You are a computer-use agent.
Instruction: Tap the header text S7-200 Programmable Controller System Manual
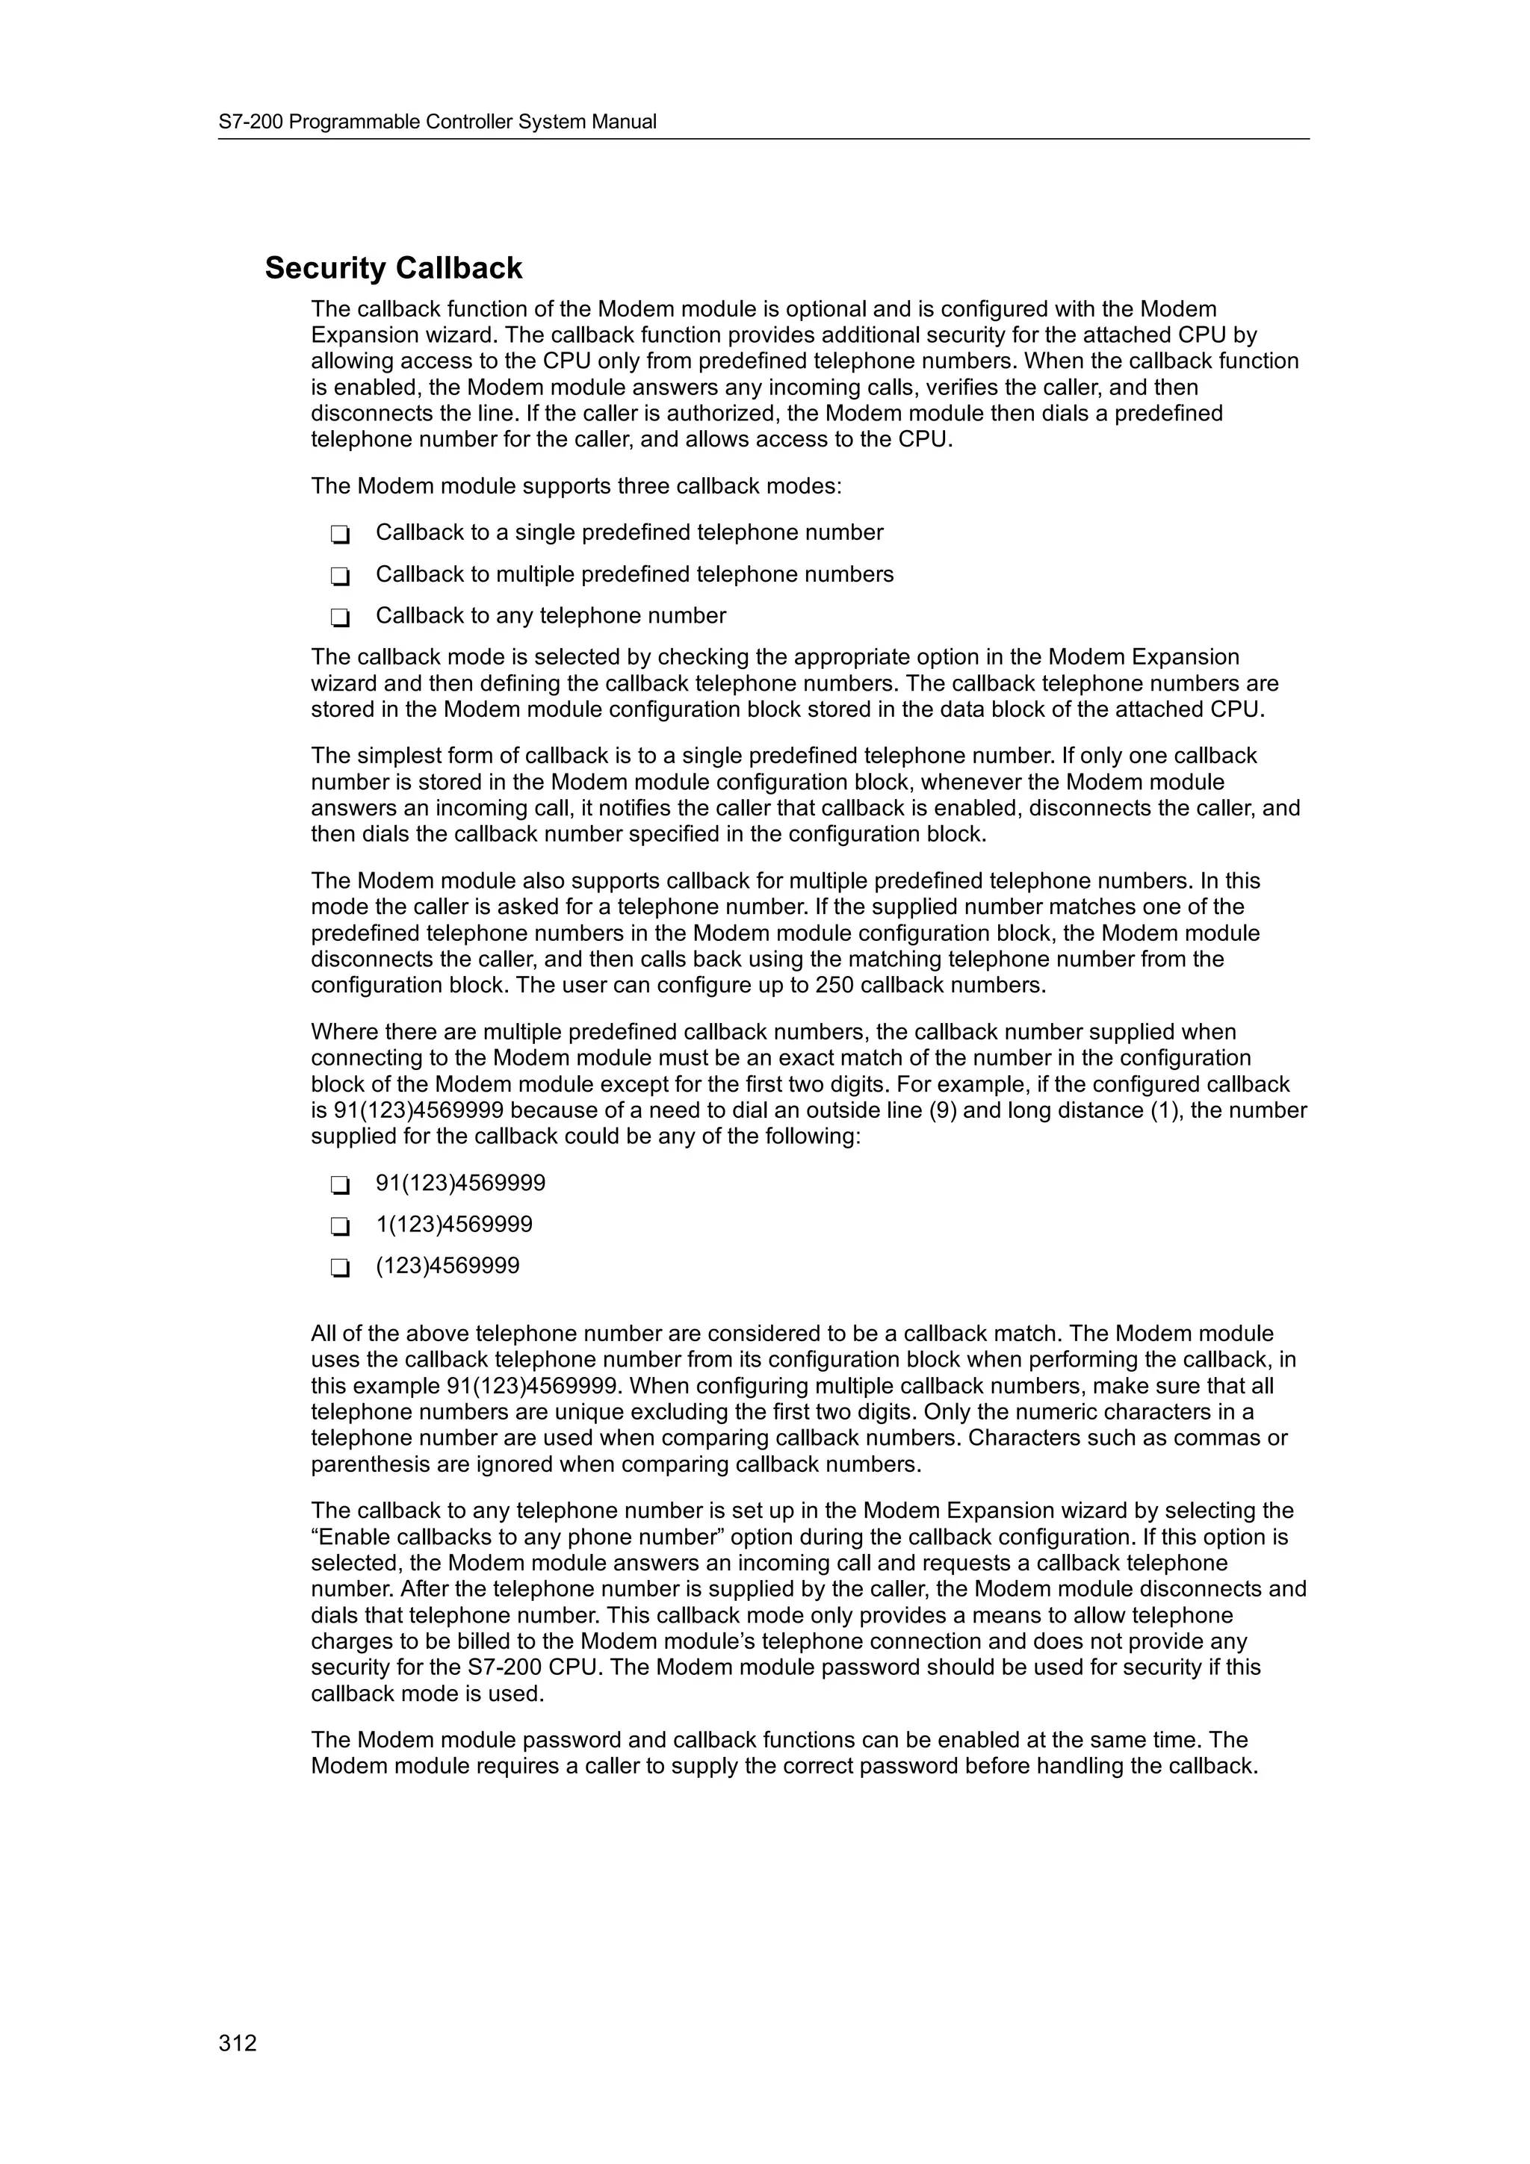pos(438,122)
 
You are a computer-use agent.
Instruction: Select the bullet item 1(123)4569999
pos(453,1225)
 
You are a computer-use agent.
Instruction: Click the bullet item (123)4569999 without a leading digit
pos(447,1266)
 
